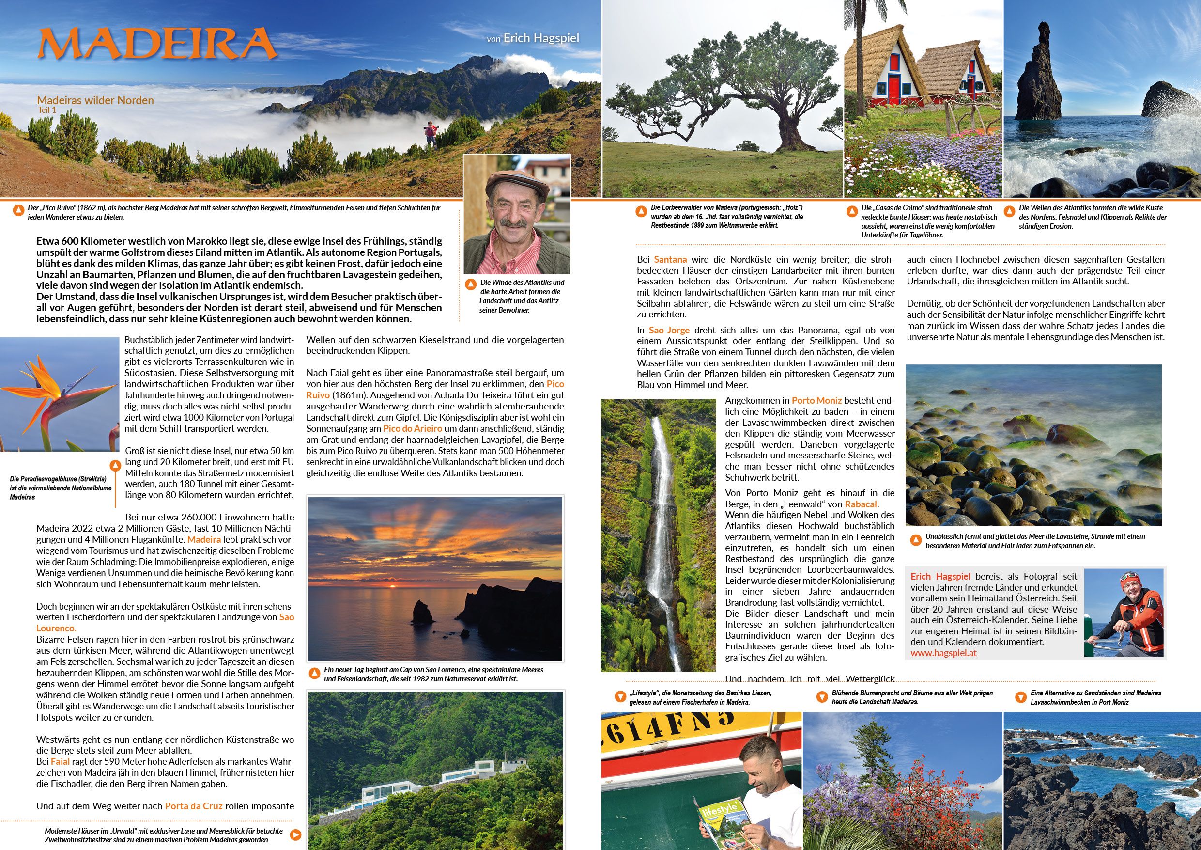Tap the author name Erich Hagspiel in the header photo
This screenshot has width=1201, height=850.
pos(541,38)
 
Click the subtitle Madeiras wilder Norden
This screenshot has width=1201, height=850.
pos(95,100)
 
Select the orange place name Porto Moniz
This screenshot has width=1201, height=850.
pos(816,400)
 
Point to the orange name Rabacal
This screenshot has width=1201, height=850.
pos(861,504)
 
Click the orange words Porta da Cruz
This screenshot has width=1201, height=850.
pos(194,806)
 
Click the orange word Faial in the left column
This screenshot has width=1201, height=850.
pos(60,761)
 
